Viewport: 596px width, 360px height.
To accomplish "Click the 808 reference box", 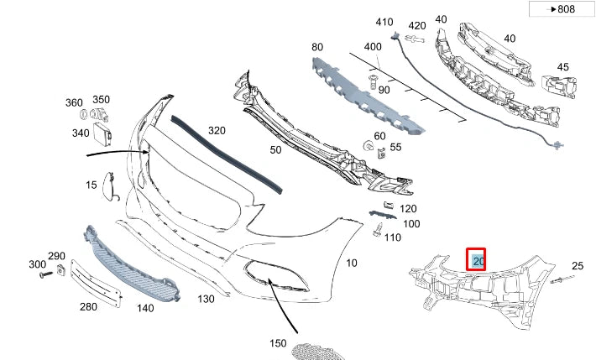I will [x=562, y=9].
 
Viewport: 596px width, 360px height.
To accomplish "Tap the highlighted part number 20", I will [x=478, y=261].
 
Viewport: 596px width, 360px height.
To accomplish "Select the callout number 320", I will [x=217, y=131].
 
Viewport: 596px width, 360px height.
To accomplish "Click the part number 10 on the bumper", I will [x=352, y=263].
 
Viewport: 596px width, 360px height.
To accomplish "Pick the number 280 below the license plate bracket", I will [x=88, y=307].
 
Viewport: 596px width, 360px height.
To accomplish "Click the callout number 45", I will [x=562, y=67].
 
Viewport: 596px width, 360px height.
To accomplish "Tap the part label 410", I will [x=384, y=22].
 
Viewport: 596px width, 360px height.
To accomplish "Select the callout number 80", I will [x=316, y=47].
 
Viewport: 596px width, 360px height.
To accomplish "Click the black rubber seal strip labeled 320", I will [x=227, y=151].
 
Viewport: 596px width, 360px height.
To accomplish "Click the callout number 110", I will [x=392, y=237].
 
